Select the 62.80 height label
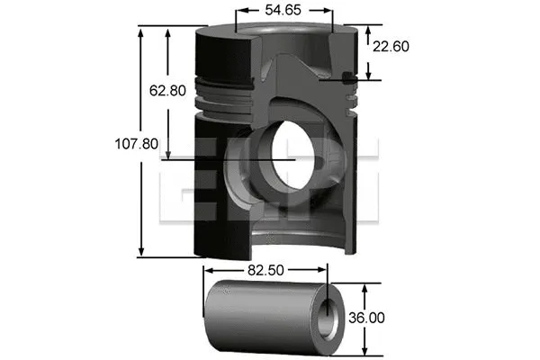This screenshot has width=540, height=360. (167, 90)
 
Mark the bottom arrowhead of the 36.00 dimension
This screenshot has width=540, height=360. (364, 347)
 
